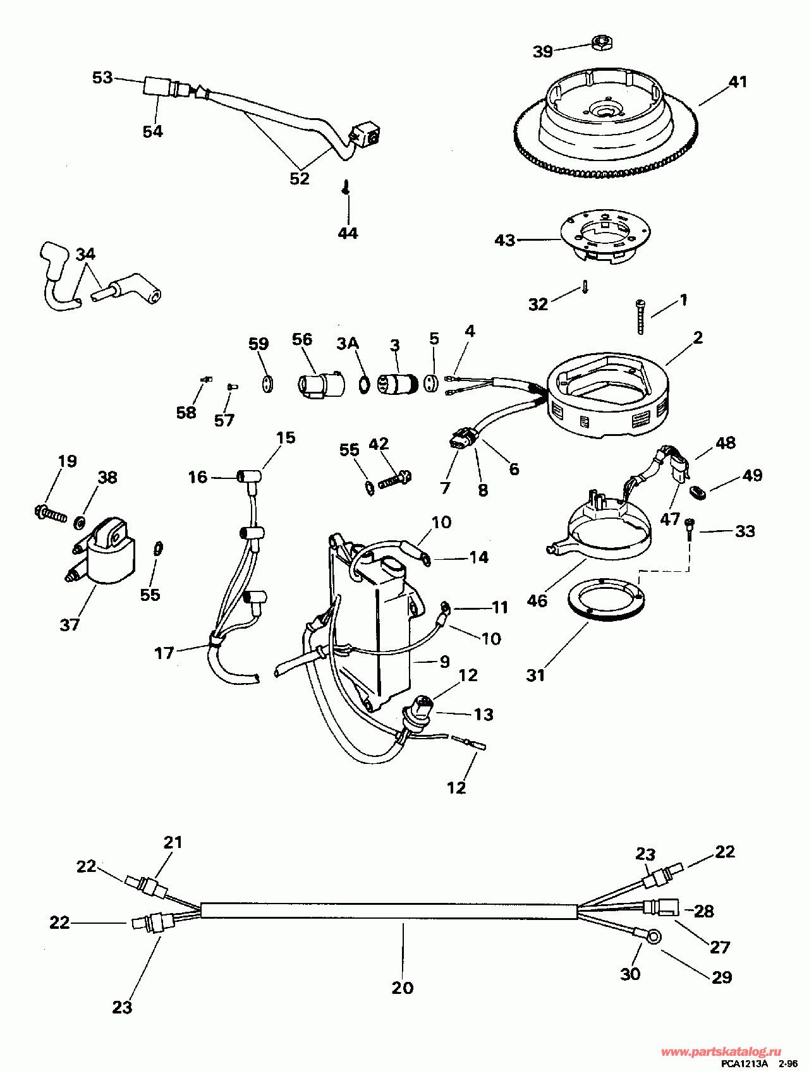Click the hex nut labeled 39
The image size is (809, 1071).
(601, 44)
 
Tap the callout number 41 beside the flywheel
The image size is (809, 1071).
(738, 82)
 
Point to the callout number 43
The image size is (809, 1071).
(505, 240)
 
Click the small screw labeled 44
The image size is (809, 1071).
(346, 188)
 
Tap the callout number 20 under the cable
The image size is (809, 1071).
(403, 988)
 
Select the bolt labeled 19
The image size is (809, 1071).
(51, 512)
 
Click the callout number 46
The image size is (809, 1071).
(537, 600)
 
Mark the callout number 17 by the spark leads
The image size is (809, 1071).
(164, 653)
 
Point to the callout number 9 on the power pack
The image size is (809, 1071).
(444, 662)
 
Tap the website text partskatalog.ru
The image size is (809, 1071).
(719, 1051)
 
